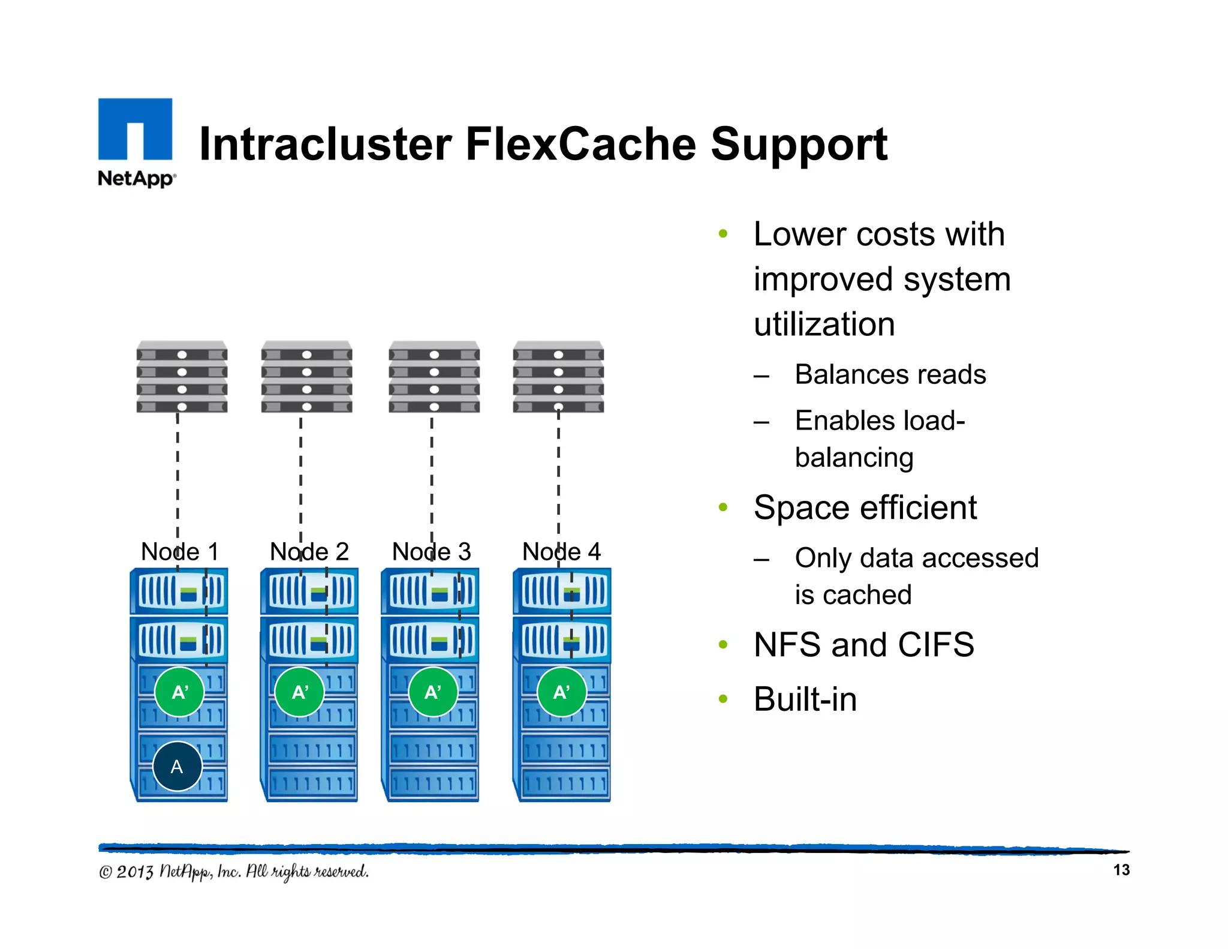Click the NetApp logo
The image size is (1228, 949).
(136, 142)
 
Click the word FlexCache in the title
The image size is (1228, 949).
(581, 145)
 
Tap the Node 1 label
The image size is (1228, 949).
(179, 551)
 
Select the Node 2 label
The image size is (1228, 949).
(309, 551)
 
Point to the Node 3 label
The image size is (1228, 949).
(431, 551)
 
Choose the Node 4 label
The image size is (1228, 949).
(561, 551)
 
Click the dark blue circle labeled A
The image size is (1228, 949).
(177, 766)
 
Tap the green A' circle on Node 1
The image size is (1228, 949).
(179, 692)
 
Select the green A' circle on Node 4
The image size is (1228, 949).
(561, 692)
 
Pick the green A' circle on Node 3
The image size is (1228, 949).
(432, 692)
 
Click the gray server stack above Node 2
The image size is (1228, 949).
(306, 377)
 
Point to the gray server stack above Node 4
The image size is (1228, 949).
(558, 377)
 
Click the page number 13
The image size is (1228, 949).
(1121, 870)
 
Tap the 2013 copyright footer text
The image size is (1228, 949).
(233, 872)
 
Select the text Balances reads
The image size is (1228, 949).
(890, 374)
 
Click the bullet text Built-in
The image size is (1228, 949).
(805, 699)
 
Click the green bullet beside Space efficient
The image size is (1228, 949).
(723, 507)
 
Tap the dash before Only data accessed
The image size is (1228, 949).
(762, 560)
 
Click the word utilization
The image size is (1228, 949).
(824, 325)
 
